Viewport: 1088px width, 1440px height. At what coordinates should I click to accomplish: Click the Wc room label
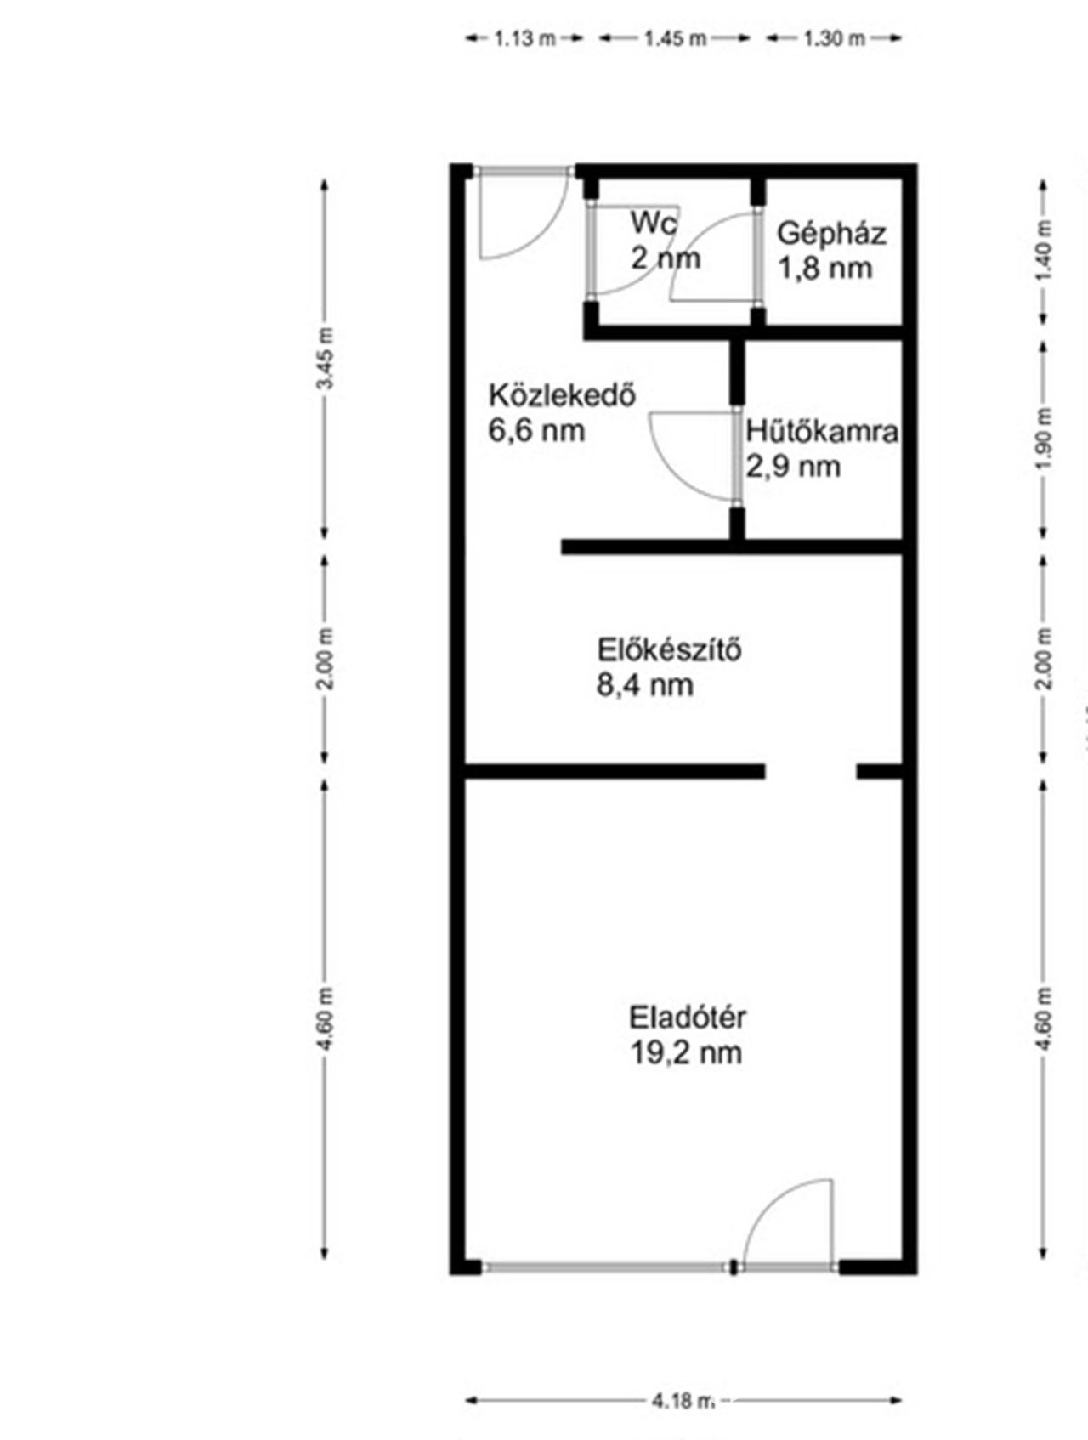click(654, 224)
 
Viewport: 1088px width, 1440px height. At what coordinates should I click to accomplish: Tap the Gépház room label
click(830, 233)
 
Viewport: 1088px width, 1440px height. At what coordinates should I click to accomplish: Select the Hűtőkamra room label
click(822, 432)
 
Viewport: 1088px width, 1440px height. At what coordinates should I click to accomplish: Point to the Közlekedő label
click(562, 395)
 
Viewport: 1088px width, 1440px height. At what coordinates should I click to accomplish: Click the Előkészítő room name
click(670, 650)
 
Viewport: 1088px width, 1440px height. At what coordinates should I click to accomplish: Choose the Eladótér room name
click(688, 1017)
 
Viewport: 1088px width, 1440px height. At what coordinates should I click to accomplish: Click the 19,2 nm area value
click(686, 1052)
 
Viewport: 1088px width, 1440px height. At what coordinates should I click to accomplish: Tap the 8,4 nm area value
click(645, 685)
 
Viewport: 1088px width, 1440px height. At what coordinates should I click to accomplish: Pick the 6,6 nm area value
click(536, 430)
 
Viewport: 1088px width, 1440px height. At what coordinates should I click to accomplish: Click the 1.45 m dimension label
click(675, 38)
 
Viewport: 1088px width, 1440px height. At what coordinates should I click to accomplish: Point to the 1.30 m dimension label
click(834, 38)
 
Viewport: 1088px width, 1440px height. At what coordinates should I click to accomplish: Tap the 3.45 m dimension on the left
click(325, 357)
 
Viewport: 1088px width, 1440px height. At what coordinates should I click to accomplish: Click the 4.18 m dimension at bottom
click(683, 1400)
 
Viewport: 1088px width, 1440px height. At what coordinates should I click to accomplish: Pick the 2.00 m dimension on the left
click(325, 659)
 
